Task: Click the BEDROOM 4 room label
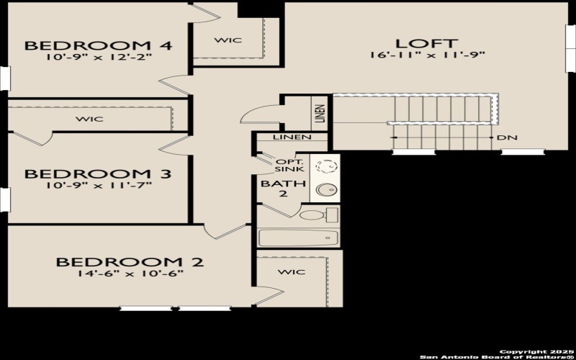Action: [99, 46]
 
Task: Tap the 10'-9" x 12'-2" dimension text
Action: [99, 57]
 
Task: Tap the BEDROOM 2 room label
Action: [130, 262]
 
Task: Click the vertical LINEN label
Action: [320, 112]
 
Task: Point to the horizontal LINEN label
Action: [292, 138]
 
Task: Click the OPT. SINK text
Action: [289, 165]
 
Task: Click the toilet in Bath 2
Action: [318, 215]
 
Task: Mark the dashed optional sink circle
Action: [326, 166]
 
